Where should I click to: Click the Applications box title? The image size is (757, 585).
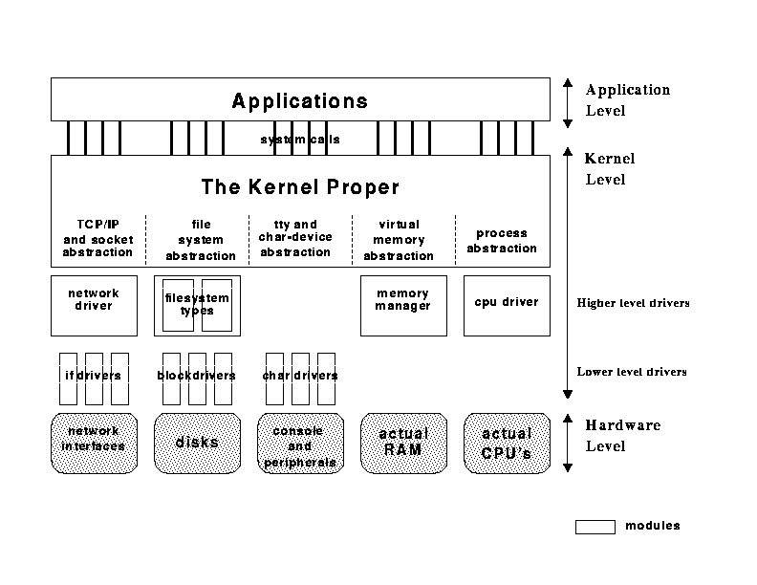tap(299, 100)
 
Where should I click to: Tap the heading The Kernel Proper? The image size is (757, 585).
tap(299, 186)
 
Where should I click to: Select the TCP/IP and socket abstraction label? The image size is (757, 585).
tap(97, 238)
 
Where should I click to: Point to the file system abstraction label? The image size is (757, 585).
tap(201, 240)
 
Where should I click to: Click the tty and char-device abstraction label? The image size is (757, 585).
tap(295, 238)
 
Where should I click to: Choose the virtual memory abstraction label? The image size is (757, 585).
tap(399, 240)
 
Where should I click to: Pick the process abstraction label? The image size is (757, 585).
tap(502, 240)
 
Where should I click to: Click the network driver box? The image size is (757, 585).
tap(94, 305)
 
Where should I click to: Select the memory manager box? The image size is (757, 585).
tap(403, 305)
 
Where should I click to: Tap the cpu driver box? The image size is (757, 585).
tap(507, 305)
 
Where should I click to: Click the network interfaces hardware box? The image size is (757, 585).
tap(94, 443)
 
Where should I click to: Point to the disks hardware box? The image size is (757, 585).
tap(197, 443)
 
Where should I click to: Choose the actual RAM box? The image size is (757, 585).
tap(403, 443)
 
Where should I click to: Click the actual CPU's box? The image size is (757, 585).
tap(507, 443)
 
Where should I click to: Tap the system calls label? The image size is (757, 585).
tap(300, 140)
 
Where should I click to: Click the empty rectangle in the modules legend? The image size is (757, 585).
tap(595, 526)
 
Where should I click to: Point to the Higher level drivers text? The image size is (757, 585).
tap(633, 303)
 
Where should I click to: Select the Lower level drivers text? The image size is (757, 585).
tap(632, 372)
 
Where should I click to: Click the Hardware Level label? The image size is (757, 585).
tap(622, 435)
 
